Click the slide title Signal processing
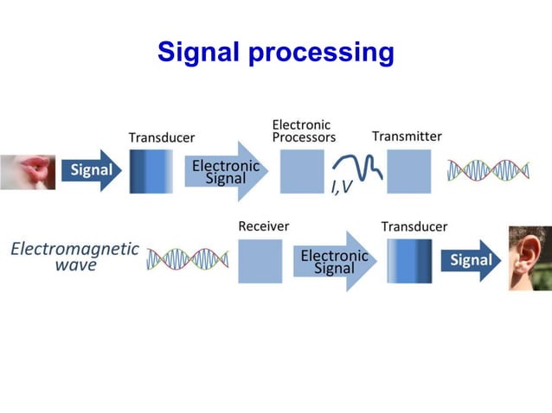click(x=275, y=52)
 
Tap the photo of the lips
click(x=27, y=171)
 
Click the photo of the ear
click(x=530, y=258)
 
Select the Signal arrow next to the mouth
click(x=92, y=170)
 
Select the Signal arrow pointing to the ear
click(x=471, y=260)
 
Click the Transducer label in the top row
click(x=162, y=137)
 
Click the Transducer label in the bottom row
click(x=414, y=226)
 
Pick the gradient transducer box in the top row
click(x=151, y=171)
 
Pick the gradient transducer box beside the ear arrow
click(x=408, y=261)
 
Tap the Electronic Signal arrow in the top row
click(x=225, y=172)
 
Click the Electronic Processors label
click(x=303, y=131)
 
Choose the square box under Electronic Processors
click(x=302, y=171)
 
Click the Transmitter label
click(x=407, y=137)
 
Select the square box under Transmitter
click(x=408, y=171)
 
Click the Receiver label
click(x=263, y=226)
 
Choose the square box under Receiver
click(x=260, y=261)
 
